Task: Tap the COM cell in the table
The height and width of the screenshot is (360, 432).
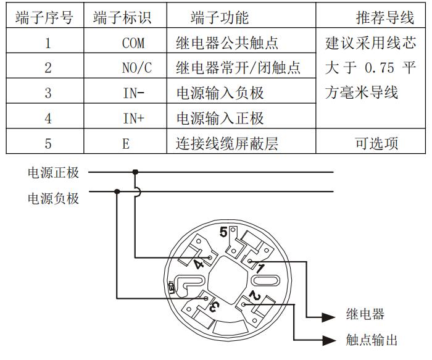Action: tap(133, 44)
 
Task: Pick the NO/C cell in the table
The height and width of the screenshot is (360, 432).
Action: tap(133, 69)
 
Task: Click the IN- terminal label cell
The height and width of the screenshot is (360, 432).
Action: tap(133, 93)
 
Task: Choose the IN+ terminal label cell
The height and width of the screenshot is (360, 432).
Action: tap(133, 118)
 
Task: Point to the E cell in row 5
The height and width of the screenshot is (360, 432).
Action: tap(126, 144)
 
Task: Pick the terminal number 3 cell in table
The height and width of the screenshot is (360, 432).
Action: tap(48, 93)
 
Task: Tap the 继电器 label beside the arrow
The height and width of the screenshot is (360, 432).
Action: tap(365, 314)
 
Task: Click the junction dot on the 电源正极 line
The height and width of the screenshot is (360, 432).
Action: tap(135, 172)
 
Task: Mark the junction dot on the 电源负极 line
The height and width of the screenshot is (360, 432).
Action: tap(117, 191)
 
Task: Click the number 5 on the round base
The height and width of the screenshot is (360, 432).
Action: tap(224, 232)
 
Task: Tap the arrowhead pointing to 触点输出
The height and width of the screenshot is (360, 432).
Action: tap(331, 340)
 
